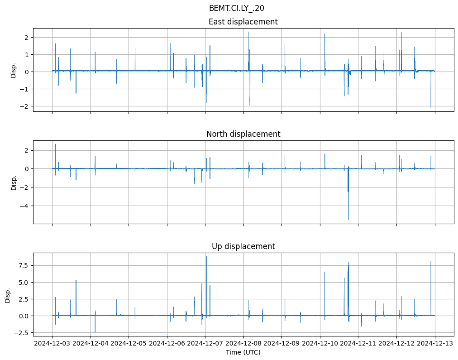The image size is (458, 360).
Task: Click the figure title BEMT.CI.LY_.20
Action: (x=236, y=8)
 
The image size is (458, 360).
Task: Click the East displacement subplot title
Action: (x=243, y=22)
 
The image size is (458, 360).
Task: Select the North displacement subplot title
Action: (x=243, y=134)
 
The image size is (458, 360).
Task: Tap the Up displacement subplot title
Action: (x=243, y=246)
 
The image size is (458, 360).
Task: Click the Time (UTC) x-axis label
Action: (x=243, y=352)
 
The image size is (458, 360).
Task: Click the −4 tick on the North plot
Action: (x=25, y=206)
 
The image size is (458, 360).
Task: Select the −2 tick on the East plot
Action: (x=25, y=106)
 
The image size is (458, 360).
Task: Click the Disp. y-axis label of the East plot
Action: (x=14, y=70)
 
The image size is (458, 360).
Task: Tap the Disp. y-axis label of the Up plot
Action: (x=8, y=295)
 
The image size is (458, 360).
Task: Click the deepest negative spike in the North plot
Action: (x=348, y=220)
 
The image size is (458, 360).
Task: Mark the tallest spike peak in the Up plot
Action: (x=207, y=257)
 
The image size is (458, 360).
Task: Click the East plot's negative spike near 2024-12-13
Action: (x=431, y=107)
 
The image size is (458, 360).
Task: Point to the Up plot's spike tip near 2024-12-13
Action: (x=431, y=261)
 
